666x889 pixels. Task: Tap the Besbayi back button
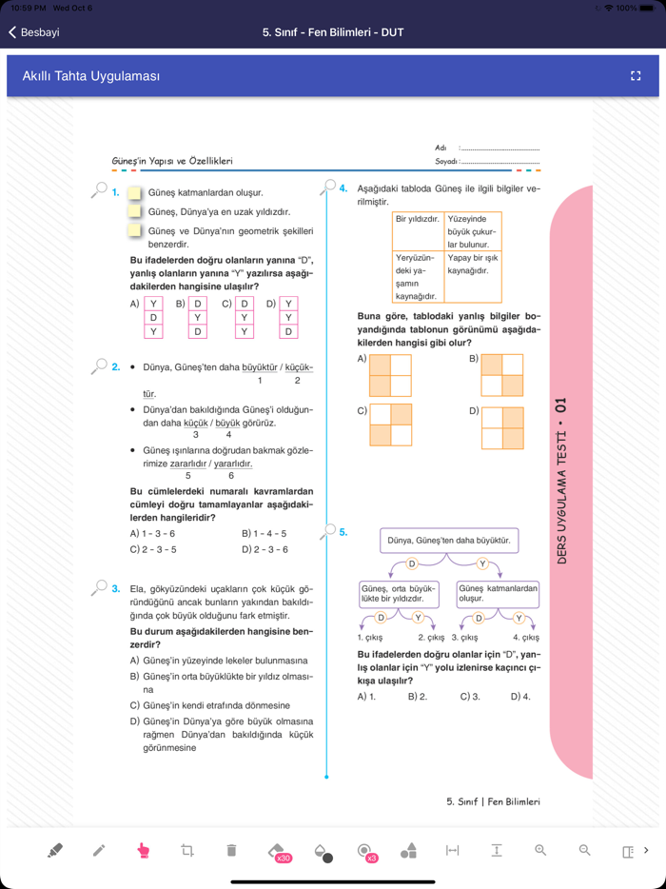34,32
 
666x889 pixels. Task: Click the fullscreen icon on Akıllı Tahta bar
636,76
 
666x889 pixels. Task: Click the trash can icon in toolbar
231,850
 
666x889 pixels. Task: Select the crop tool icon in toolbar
187,850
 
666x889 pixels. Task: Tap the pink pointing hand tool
144,850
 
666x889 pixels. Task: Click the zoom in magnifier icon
540,850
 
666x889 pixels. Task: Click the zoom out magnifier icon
585,850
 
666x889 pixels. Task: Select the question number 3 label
116,588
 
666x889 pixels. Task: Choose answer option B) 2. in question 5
417,697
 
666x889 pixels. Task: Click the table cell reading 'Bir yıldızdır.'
418,219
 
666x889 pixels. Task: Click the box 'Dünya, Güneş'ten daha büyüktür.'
449,541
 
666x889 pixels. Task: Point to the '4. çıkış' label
526,637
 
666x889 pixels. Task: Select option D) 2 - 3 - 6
264,549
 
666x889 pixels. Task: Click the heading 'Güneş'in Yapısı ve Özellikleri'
172,161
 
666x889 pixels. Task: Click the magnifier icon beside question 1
99,190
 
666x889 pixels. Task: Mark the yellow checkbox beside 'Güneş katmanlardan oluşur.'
135,192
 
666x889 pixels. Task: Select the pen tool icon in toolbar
99,850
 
